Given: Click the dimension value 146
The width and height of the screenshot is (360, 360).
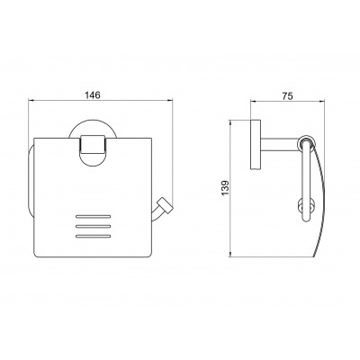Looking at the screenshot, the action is coord(92,95).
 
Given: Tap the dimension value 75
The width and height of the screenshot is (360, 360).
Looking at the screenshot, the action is coord(287,96).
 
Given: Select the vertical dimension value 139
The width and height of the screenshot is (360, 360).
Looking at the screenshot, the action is coord(225,188).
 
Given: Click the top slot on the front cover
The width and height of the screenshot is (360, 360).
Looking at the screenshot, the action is coord(94,216).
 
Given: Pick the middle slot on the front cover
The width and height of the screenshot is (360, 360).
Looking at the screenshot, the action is coord(94,226).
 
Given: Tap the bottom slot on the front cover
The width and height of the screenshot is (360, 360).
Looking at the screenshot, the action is coord(94,236).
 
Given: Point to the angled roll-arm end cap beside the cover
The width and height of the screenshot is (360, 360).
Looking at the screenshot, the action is coord(166,205).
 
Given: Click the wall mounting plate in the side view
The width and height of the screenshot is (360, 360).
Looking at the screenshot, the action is coord(256,145).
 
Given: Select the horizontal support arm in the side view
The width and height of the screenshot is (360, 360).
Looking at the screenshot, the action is coord(280,146).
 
